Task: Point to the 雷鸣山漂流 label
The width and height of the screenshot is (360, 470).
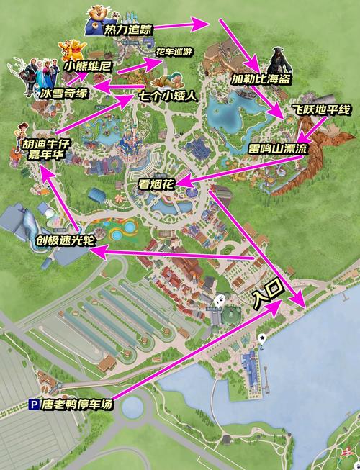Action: (x=277, y=148)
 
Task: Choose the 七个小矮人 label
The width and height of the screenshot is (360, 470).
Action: (x=169, y=95)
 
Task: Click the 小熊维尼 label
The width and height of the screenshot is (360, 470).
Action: (x=87, y=65)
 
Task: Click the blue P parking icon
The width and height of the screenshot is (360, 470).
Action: (x=33, y=405)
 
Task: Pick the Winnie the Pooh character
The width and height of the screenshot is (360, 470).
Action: (x=72, y=50)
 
